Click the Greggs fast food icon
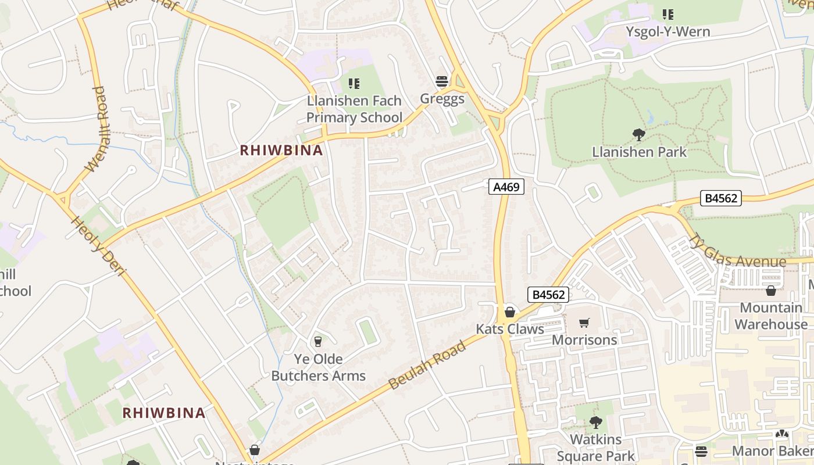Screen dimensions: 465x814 442,81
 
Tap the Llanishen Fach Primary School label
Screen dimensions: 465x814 354,109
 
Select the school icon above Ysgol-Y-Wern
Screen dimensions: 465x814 668,15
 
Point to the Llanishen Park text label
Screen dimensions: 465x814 639,152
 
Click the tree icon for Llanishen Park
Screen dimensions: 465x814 639,135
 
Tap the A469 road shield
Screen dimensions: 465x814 506,187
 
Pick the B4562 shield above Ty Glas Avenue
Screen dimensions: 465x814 720,198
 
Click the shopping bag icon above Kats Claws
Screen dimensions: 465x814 510,312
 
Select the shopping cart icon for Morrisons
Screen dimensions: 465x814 584,323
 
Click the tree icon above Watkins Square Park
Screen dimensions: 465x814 595,422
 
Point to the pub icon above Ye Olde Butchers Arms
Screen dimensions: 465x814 317,341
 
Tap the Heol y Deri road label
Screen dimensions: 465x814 97,246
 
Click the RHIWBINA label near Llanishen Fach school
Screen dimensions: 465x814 281,151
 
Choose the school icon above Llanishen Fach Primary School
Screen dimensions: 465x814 354,84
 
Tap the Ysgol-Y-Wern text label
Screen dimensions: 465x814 667,31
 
